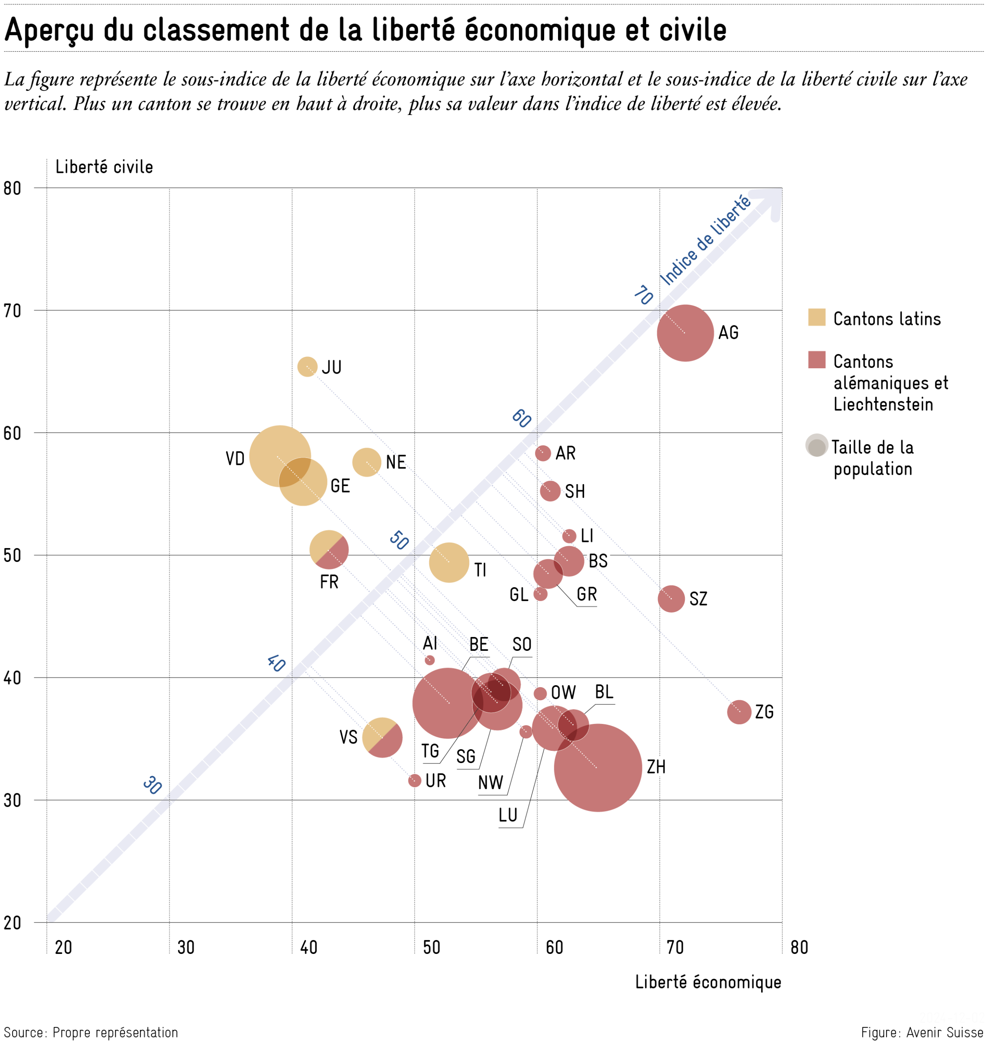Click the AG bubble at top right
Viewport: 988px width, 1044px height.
point(685,333)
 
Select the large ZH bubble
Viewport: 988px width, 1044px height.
point(598,768)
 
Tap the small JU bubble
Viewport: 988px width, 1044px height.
point(307,367)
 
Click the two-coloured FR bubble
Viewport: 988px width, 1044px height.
point(329,550)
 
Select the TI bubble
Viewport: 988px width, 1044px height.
point(449,562)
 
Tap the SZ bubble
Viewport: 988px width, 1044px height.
point(671,599)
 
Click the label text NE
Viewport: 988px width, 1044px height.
point(396,462)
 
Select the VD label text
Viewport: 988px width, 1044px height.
point(235,458)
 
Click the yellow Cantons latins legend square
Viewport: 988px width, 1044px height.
point(816,317)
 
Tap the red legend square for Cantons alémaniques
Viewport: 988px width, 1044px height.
point(816,360)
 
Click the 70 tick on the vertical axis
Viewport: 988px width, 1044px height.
point(13,311)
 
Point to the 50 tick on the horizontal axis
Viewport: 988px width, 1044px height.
point(431,948)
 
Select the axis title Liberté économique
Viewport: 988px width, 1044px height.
point(708,982)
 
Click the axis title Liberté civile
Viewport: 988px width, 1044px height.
point(104,167)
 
